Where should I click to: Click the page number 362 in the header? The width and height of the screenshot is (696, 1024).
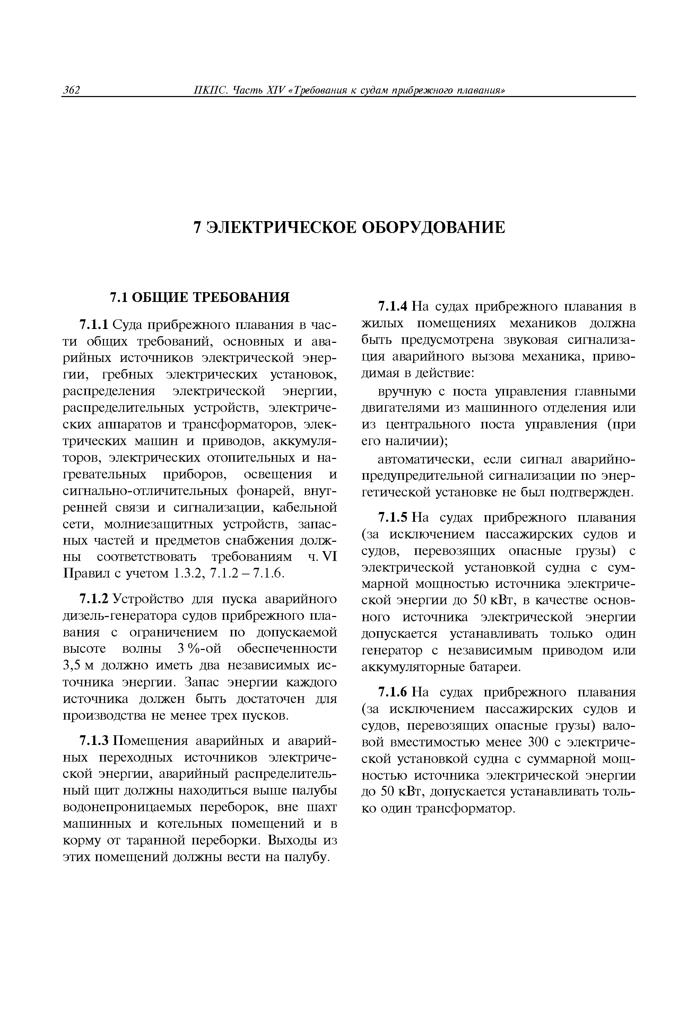coord(71,90)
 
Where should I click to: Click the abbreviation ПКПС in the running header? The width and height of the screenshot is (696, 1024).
coord(211,90)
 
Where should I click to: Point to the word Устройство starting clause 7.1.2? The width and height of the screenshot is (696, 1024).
coord(148,599)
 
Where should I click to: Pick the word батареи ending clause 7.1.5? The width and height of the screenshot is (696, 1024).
coord(499,668)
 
